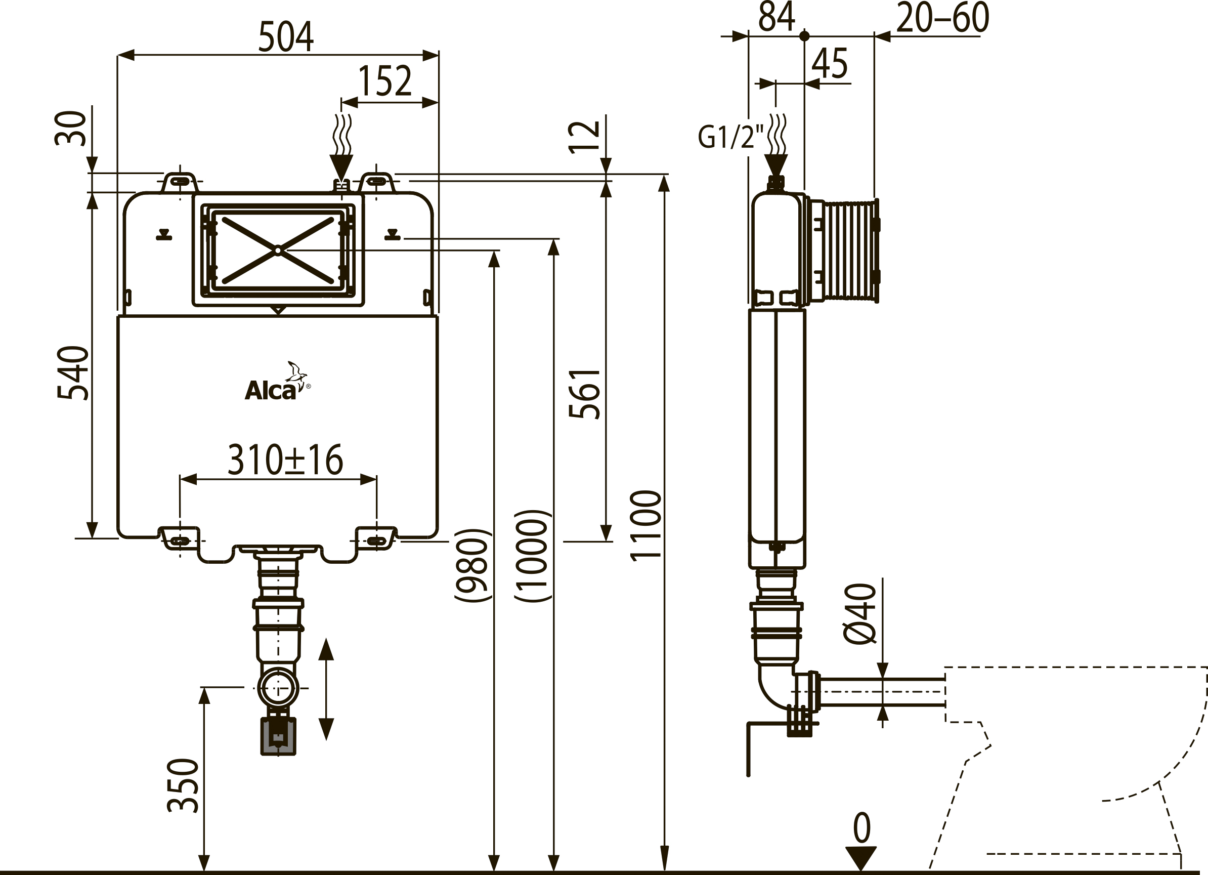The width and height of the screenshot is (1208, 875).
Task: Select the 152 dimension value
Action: click(384, 81)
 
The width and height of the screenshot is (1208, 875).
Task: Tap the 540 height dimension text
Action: click(72, 373)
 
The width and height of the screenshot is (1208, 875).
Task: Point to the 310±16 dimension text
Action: click(285, 460)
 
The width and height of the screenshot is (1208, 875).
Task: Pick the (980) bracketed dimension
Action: click(472, 565)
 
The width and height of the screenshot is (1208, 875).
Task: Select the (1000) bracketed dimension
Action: click(532, 556)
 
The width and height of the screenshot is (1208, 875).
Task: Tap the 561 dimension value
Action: click(584, 394)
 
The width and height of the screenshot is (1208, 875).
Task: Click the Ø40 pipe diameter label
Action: click(859, 614)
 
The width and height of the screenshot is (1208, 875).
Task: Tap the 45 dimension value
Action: click(829, 63)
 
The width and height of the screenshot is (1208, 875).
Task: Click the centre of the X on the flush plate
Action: click(279, 249)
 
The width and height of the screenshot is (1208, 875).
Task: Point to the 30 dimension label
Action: click(71, 129)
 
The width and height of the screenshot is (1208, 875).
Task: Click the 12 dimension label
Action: click(584, 137)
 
